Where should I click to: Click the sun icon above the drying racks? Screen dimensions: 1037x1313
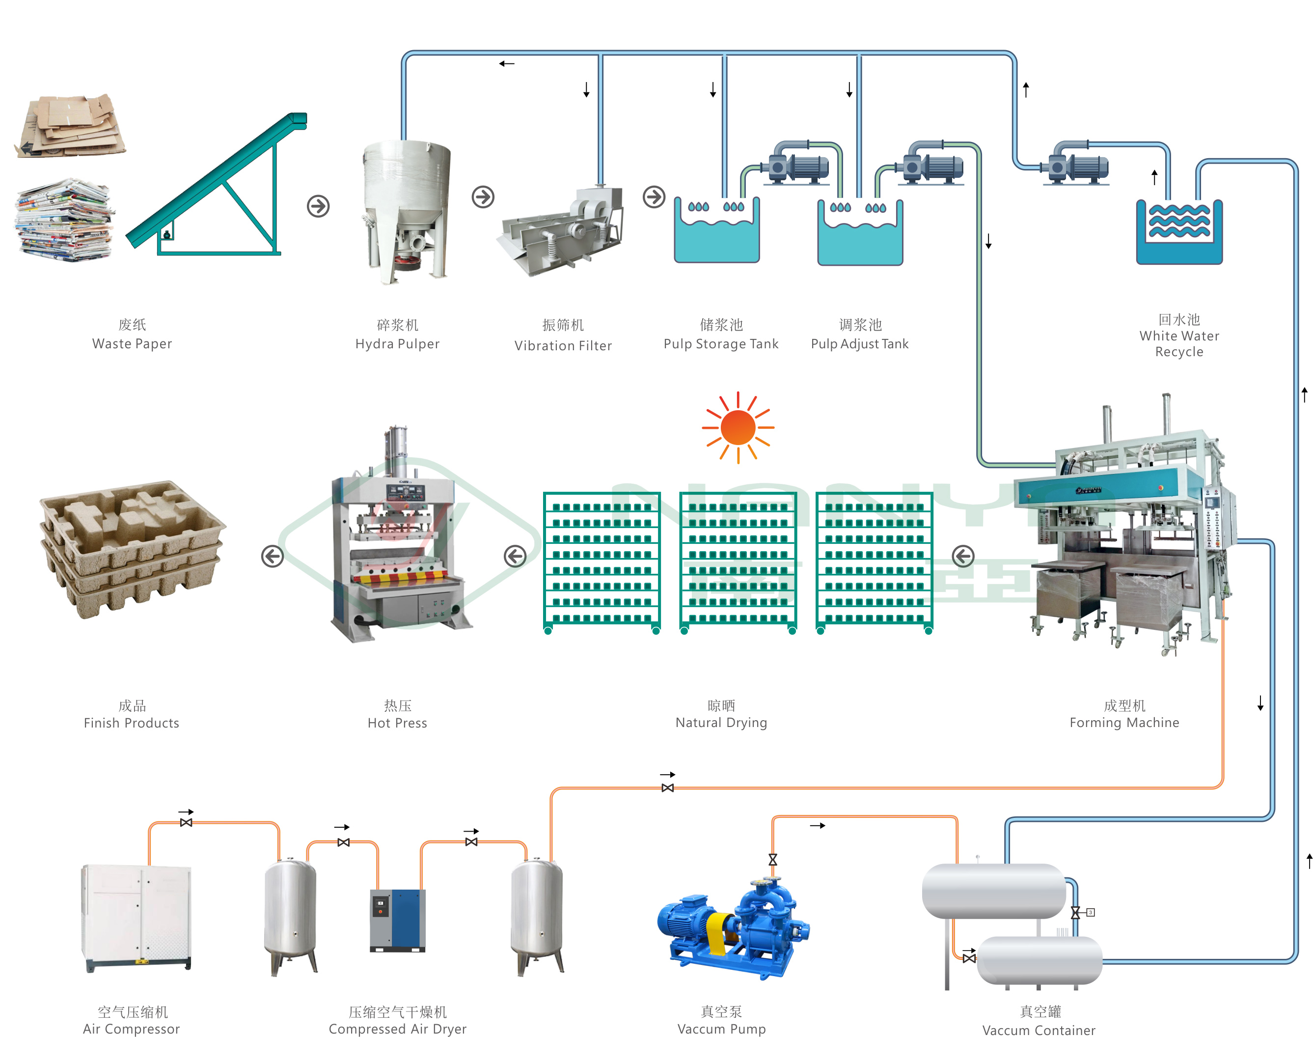[738, 427]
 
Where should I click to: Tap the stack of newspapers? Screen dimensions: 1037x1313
[64, 220]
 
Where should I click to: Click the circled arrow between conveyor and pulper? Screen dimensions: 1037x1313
[318, 206]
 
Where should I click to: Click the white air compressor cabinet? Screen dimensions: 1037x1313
[137, 917]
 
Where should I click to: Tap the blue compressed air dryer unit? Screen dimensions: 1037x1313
[398, 920]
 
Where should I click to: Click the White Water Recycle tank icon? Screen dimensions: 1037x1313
[1179, 232]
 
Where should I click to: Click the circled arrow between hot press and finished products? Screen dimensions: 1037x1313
[273, 556]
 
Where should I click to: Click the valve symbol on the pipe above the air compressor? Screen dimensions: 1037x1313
[186, 823]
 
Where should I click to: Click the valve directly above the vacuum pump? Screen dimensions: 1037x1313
[772, 860]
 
